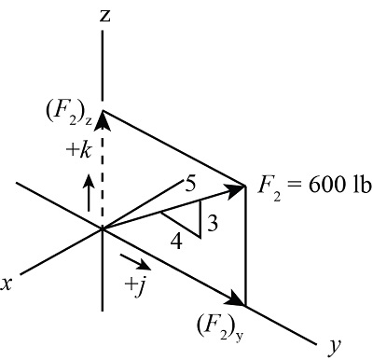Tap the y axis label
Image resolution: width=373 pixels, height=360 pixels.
333,346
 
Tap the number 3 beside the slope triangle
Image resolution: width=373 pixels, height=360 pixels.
212,225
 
